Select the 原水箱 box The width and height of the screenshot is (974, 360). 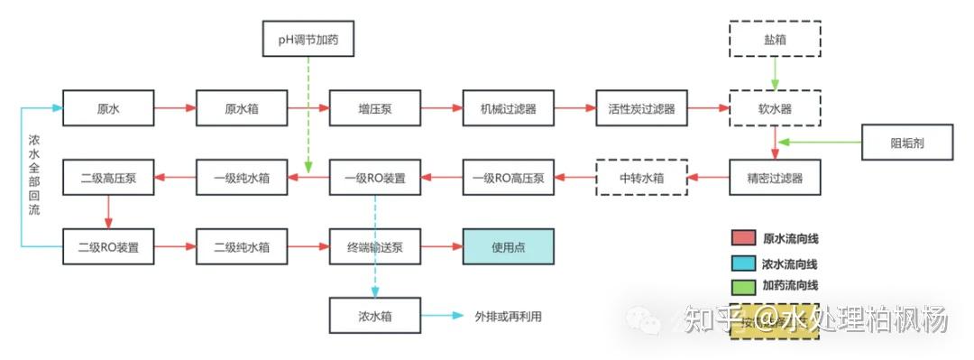point(242,108)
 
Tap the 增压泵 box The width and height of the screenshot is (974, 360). point(374,108)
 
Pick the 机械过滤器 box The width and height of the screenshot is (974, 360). point(508,108)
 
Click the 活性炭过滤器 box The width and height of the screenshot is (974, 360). point(641,108)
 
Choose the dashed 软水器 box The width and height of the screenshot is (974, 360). point(775,108)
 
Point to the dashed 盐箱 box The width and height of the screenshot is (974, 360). point(775,40)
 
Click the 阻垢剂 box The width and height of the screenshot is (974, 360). point(907,143)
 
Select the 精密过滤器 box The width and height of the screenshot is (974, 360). point(775,177)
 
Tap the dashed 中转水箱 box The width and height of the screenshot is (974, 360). point(641,177)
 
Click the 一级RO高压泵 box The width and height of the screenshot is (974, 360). point(508,177)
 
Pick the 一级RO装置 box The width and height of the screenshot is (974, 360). point(374,177)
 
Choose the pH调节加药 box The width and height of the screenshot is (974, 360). point(308,40)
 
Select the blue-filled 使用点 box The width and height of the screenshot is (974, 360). point(508,246)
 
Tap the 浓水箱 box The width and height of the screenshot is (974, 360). point(374,316)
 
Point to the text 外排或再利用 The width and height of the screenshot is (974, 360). point(509,317)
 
